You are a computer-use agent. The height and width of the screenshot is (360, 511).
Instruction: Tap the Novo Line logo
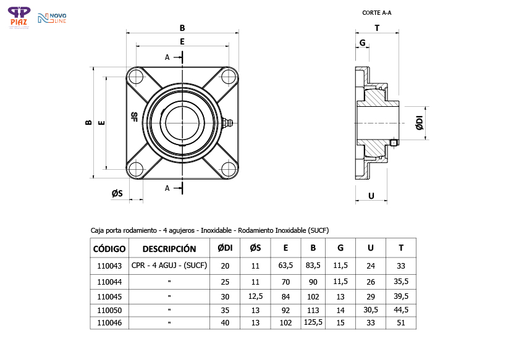(52, 19)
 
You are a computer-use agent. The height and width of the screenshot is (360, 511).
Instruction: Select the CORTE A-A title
(376, 12)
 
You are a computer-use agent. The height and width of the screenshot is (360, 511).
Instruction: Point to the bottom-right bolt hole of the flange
(229, 169)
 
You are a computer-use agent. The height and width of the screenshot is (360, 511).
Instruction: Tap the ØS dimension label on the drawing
(117, 194)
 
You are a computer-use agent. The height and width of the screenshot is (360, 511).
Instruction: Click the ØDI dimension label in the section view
(419, 123)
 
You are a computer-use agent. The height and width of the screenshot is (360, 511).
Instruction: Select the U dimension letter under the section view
(371, 196)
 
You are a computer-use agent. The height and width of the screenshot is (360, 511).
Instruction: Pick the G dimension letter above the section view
(362, 43)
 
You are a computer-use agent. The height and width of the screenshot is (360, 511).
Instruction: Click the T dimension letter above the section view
(376, 28)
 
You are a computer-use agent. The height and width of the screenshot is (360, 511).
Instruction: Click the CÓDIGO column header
(109, 249)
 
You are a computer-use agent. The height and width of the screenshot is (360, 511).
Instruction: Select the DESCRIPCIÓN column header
(169, 249)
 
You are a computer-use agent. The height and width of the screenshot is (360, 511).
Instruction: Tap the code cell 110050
(109, 310)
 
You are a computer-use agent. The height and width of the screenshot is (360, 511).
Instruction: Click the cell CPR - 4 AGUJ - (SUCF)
(169, 266)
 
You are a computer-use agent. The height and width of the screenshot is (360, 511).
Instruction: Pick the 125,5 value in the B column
(313, 322)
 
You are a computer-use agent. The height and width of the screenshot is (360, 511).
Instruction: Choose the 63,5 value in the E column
(285, 266)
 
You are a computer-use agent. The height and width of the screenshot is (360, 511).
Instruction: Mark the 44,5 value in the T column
(401, 310)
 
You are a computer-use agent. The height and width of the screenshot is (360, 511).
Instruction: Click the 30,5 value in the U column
(371, 310)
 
